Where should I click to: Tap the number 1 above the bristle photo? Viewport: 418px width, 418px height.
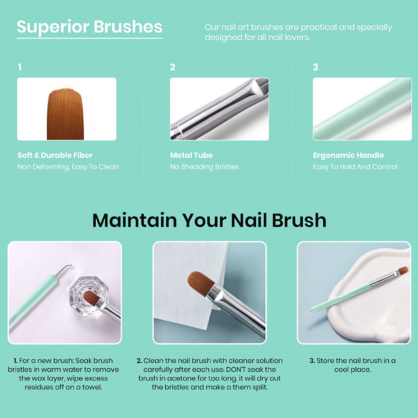click(20, 67)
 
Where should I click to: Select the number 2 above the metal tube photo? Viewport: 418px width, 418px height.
click(173, 67)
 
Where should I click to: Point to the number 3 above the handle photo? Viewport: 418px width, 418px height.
click(316, 67)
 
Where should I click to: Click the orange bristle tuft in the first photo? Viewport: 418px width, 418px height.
click(65, 114)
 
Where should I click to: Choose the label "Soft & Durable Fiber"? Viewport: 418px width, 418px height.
click(55, 155)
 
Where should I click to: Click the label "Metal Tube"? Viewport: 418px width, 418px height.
click(191, 155)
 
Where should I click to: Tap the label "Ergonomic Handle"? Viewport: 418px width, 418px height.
click(349, 155)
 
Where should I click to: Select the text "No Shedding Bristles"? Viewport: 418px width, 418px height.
click(205, 167)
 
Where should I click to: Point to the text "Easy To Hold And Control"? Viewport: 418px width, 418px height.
click(355, 167)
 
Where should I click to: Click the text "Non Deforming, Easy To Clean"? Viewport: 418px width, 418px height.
click(68, 167)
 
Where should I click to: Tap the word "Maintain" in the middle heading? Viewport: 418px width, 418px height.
click(135, 220)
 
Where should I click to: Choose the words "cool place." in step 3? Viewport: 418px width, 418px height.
click(352, 370)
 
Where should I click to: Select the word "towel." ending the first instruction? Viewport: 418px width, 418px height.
click(92, 387)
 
